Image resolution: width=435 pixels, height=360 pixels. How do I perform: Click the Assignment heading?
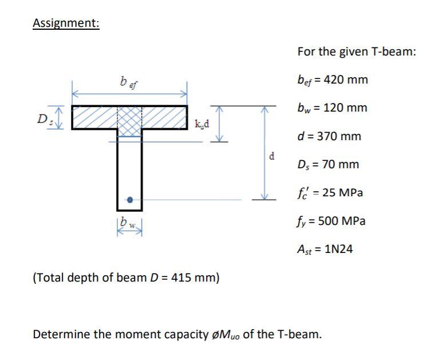pos(66,23)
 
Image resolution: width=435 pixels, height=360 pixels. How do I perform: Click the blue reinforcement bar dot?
pos(130,200)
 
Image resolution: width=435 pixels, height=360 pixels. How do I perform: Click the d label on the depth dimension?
pos(272,155)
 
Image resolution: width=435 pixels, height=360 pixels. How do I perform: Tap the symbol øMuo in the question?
pos(226,334)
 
